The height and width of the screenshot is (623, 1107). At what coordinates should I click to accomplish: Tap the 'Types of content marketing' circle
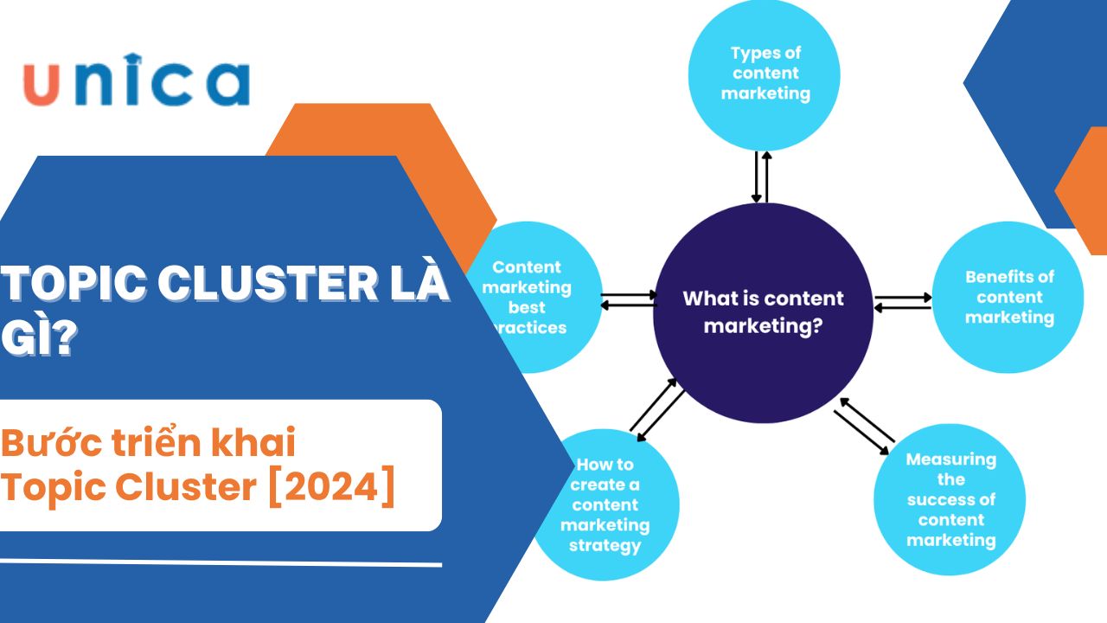pyautogui.click(x=765, y=74)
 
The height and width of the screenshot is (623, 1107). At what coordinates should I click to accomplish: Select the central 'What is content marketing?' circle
pyautogui.click(x=762, y=312)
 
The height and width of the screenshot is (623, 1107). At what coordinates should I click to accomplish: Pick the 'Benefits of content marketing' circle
pyautogui.click(x=1008, y=298)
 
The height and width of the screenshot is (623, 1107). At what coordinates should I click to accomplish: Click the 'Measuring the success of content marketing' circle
pyautogui.click(x=950, y=499)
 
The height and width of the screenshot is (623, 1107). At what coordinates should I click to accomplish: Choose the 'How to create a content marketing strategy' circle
pyautogui.click(x=605, y=505)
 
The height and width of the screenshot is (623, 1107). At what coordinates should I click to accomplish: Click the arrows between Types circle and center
pyautogui.click(x=761, y=177)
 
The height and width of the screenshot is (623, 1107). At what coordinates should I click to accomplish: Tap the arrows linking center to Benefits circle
pyautogui.click(x=902, y=303)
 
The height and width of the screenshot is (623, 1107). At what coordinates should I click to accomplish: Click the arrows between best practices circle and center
pyautogui.click(x=629, y=299)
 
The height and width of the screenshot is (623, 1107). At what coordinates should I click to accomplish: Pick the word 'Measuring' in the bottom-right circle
pyautogui.click(x=950, y=459)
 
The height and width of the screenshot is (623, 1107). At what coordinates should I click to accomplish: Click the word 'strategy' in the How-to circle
pyautogui.click(x=605, y=546)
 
